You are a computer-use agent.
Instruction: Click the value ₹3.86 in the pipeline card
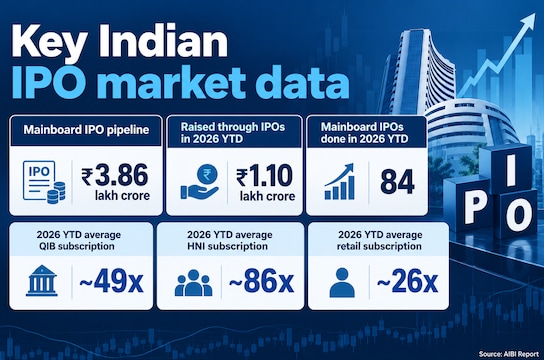tap(115, 175)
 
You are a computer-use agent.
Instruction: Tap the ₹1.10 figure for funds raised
tap(265, 176)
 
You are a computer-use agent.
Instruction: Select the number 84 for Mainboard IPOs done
tap(397, 182)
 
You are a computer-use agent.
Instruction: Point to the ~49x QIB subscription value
tap(111, 281)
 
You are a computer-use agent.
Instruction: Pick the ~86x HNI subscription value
tap(261, 281)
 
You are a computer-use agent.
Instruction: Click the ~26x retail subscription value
tap(407, 281)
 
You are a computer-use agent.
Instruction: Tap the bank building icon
tap(42, 281)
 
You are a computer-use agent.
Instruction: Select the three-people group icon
tap(193, 283)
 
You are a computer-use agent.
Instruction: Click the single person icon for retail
tap(342, 283)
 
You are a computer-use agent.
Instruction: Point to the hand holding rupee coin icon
tap(199, 182)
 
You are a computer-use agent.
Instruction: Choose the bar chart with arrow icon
tap(340, 181)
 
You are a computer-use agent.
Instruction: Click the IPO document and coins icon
tap(44, 182)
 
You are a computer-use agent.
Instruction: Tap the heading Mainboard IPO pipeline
tap(86, 130)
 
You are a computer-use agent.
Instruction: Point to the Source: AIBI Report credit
tap(509, 354)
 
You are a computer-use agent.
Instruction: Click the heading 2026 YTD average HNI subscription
tap(229, 240)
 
